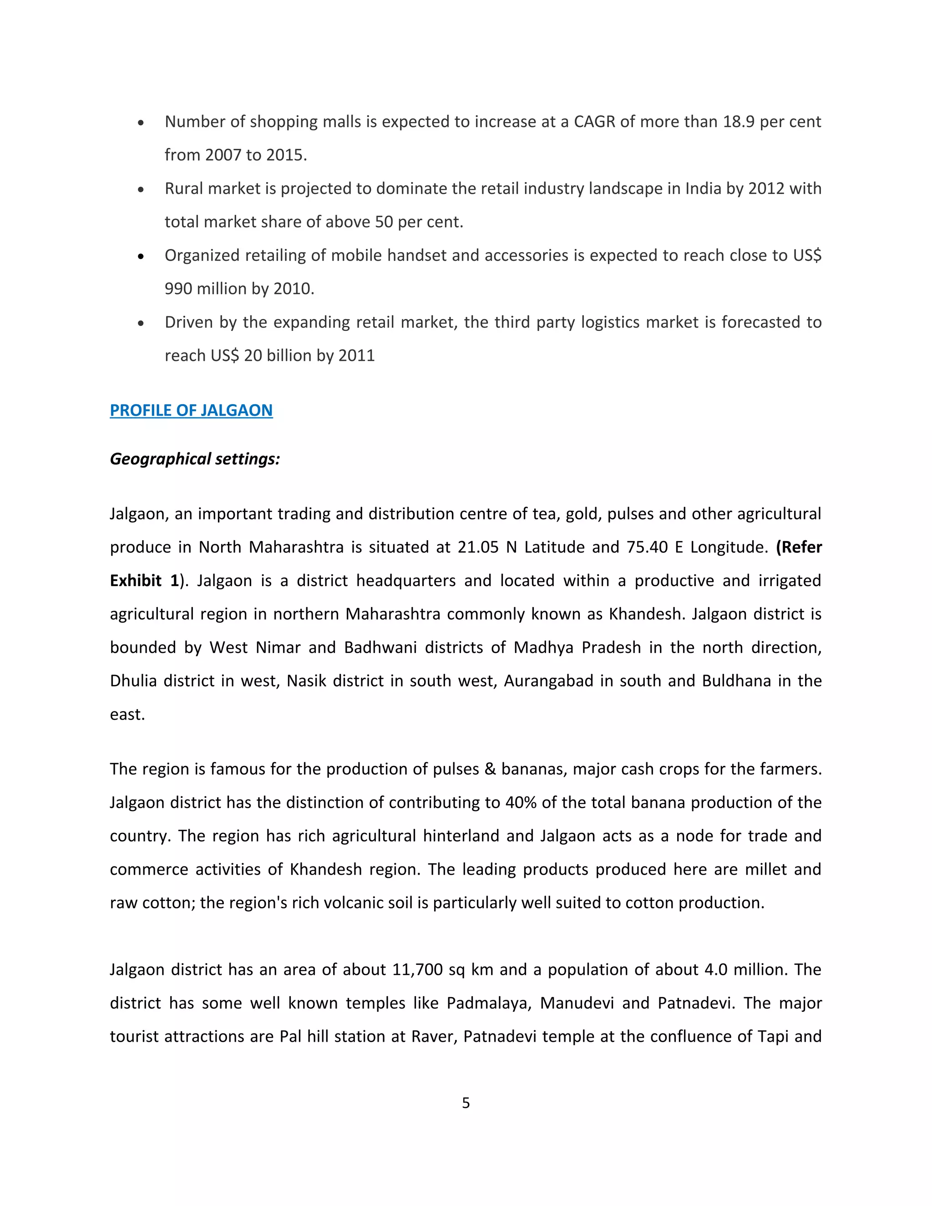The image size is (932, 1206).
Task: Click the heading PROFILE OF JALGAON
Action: pyautogui.click(x=191, y=410)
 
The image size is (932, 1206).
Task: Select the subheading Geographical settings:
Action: pyautogui.click(x=195, y=459)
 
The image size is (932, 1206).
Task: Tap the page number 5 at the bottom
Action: pyautogui.click(x=466, y=1103)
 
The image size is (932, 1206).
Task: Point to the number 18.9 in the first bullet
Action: pyautogui.click(x=739, y=122)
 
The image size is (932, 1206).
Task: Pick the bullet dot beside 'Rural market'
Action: pyautogui.click(x=142, y=189)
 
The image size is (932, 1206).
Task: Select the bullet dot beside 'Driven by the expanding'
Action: pyautogui.click(x=142, y=323)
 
